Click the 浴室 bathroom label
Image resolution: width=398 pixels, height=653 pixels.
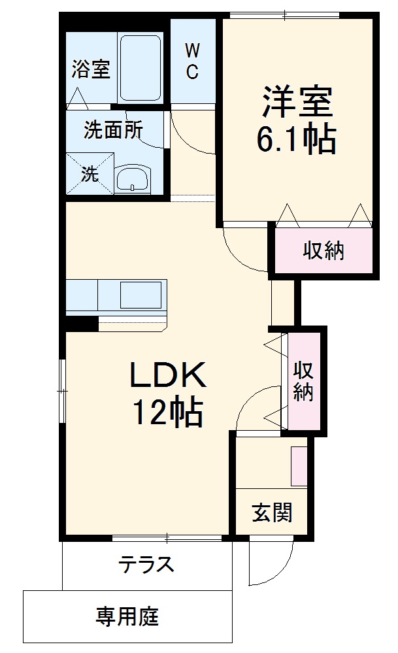(91, 69)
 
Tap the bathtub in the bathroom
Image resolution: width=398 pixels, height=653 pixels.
(140, 68)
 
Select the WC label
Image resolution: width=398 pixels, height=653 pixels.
(192, 61)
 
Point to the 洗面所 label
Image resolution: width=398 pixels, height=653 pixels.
(112, 131)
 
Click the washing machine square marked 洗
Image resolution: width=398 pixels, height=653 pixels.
(90, 173)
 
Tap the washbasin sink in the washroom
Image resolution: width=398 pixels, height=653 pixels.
(133, 178)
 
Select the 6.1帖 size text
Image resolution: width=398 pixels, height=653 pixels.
(298, 138)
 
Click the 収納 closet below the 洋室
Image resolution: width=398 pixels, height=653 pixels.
(323, 250)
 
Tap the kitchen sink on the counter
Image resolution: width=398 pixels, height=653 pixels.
(141, 294)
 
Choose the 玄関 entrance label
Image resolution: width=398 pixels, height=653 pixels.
(272, 512)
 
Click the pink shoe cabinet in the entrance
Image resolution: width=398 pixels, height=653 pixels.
(299, 466)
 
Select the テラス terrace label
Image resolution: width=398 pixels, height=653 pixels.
(146, 563)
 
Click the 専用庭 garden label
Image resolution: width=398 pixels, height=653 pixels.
(127, 616)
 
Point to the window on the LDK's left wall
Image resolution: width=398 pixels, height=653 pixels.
(61, 391)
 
